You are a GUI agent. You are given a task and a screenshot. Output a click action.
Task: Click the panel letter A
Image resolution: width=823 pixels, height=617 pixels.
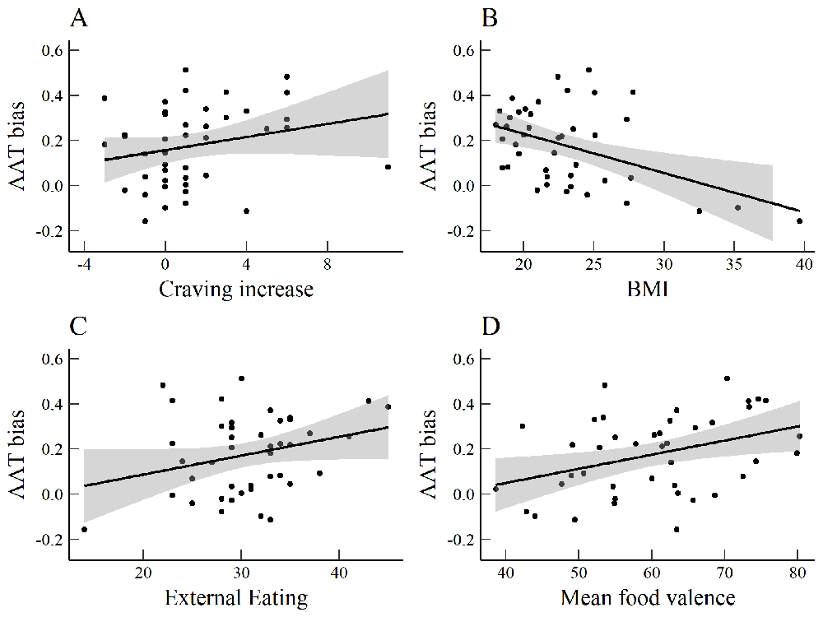click(79, 18)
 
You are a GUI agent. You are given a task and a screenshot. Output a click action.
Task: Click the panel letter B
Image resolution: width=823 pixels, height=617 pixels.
click(489, 18)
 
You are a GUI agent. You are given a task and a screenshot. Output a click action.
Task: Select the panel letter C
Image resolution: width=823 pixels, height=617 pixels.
click(78, 327)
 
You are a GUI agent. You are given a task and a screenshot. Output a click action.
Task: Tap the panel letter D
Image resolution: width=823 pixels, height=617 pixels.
click(491, 327)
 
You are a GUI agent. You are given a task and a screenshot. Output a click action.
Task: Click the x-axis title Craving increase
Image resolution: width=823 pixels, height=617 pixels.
click(236, 289)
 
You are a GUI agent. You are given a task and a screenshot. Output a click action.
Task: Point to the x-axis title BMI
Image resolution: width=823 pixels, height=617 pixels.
click(648, 289)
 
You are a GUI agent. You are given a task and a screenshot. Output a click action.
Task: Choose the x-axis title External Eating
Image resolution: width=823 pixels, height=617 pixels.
click(236, 597)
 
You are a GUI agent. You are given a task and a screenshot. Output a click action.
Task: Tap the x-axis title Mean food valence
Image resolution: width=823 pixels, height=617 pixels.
click(648, 597)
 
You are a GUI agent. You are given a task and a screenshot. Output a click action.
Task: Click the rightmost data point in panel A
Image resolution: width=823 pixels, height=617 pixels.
click(388, 167)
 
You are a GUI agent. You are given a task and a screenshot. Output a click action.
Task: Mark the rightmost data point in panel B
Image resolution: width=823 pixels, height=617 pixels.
click(799, 220)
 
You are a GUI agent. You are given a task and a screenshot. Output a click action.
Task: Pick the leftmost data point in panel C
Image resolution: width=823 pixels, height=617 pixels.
click(84, 529)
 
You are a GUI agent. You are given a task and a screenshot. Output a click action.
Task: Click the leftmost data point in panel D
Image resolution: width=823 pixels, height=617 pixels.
click(495, 489)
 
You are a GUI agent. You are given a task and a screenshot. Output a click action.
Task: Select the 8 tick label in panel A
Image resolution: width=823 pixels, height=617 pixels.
click(327, 264)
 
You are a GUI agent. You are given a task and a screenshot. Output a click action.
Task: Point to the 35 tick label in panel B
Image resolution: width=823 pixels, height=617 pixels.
click(734, 264)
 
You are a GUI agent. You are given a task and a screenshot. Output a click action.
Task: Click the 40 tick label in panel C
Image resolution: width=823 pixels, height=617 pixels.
click(339, 573)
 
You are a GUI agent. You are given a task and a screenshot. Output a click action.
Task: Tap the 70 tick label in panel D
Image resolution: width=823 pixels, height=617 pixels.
click(724, 573)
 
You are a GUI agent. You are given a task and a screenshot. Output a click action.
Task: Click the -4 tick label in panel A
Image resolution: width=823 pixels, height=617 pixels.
click(84, 264)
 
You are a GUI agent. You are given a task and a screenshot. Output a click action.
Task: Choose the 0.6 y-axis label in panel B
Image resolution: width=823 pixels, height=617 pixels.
click(463, 51)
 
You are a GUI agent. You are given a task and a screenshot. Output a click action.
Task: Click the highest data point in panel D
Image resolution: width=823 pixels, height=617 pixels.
click(727, 378)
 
